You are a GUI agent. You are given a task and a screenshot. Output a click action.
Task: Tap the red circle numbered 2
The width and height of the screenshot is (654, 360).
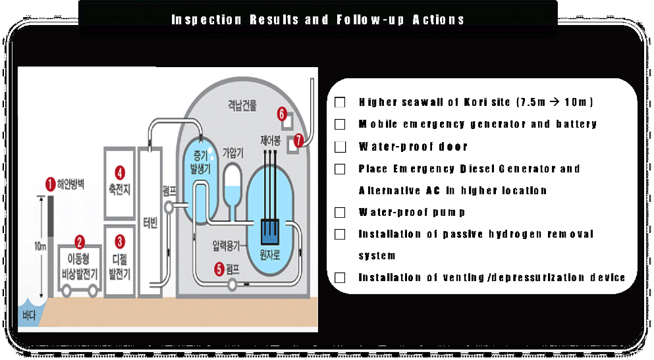(80, 242)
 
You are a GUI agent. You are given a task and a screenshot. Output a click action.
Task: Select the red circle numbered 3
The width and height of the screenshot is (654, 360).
(120, 240)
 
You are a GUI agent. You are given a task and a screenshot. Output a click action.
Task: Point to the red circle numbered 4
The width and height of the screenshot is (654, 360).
(120, 173)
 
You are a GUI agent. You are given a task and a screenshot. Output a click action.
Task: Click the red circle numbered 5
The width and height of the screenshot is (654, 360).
(219, 269)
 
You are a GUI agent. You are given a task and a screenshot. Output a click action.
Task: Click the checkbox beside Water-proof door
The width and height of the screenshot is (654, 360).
(340, 147)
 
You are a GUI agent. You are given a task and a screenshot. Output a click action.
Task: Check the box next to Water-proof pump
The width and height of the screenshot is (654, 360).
(340, 213)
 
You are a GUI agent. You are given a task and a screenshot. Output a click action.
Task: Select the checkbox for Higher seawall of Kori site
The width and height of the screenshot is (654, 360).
(340, 103)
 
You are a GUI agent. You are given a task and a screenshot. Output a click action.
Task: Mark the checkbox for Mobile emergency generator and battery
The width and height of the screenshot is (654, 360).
(340, 124)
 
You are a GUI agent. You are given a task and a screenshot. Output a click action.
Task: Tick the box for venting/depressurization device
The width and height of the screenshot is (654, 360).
(340, 278)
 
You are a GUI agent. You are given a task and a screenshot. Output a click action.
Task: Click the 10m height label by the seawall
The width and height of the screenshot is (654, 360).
(40, 245)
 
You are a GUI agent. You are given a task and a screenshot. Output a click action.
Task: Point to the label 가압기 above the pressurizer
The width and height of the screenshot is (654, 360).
(234, 151)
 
